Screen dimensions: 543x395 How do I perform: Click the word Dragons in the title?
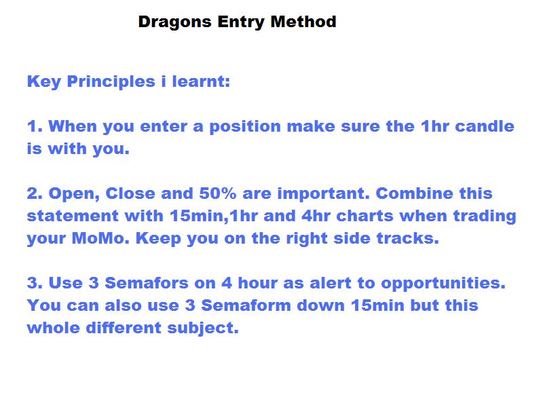[x=174, y=22]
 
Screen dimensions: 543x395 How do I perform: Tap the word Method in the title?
[x=303, y=22]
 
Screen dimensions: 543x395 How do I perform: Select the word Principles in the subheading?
[x=111, y=82]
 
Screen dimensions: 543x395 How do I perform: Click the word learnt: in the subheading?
[x=201, y=81]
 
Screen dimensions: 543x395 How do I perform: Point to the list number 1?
[x=35, y=126]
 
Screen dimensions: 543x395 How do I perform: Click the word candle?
[x=485, y=126]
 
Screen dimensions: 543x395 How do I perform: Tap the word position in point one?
[x=245, y=127]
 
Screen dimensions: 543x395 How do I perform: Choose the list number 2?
[x=35, y=193]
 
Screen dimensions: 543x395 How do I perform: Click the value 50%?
[x=217, y=193]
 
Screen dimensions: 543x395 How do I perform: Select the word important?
[x=324, y=193]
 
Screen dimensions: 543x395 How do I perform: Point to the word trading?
[x=485, y=217]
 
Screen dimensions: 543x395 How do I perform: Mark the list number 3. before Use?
[x=35, y=283]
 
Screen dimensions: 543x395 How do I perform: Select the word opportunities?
[x=443, y=284]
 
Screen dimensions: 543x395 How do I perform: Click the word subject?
[x=203, y=328]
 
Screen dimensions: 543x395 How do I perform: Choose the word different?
[x=124, y=328]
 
